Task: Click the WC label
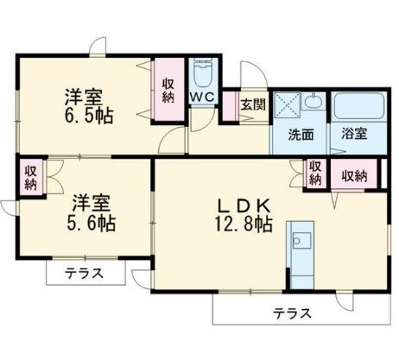point(202,98)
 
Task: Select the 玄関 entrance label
point(253,105)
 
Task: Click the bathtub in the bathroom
point(358,105)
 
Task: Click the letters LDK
point(244,205)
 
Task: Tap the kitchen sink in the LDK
point(302,237)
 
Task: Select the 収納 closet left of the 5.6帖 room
point(30,177)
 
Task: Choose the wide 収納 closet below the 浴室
point(353,175)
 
